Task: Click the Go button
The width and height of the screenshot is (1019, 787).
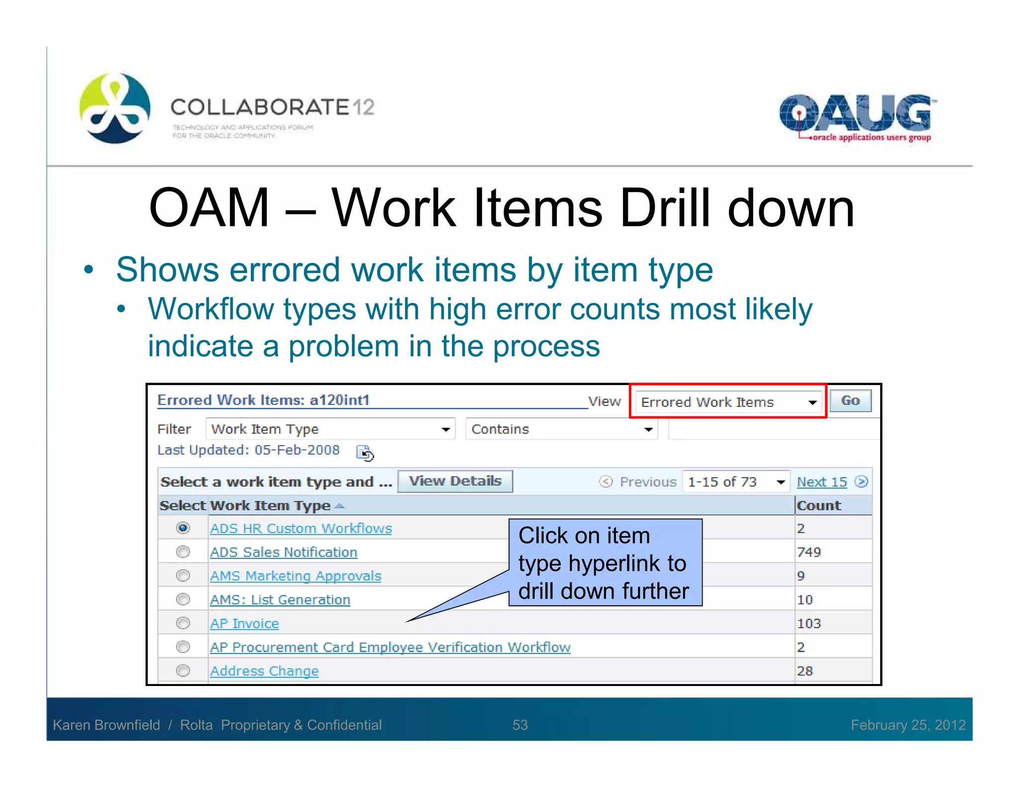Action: [x=850, y=401]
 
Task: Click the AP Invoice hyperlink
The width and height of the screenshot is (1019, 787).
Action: [x=244, y=623]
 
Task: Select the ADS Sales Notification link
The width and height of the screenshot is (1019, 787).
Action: [x=283, y=552]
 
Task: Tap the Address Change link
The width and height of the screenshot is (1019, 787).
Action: [x=264, y=671]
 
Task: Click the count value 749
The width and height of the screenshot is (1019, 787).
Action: [x=809, y=552]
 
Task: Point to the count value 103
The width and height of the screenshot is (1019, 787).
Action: [x=809, y=623]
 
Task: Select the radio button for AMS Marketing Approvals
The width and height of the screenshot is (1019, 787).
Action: [x=183, y=576]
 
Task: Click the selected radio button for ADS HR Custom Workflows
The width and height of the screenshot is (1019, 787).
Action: [x=183, y=528]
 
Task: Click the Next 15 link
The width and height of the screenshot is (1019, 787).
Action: [x=821, y=482]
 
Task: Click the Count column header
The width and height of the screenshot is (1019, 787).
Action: [x=818, y=505]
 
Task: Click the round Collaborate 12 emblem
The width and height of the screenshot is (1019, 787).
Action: [x=115, y=108]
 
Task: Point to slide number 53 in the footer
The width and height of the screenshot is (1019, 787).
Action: [x=520, y=725]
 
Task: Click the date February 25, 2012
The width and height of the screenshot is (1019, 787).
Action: [x=908, y=725]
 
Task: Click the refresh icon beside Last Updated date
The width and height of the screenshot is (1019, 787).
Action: [x=365, y=453]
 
